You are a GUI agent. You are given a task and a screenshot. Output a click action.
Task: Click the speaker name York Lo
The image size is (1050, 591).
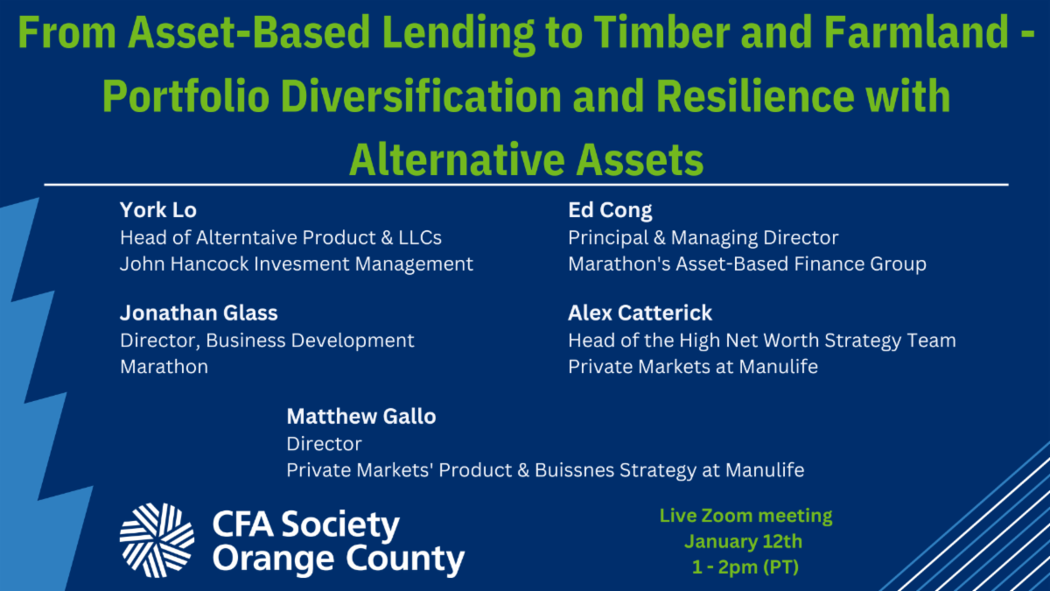[x=158, y=210]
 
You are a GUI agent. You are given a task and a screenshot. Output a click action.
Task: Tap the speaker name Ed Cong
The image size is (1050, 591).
[x=610, y=211]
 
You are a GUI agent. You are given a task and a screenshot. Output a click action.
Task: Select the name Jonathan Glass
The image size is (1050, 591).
[x=199, y=313]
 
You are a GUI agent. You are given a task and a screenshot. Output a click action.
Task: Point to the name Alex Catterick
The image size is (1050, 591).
[x=640, y=313]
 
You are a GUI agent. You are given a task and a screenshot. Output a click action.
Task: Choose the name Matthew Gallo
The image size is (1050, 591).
[x=360, y=416]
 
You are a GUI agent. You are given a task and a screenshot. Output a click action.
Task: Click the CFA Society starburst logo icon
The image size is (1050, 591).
[x=157, y=540]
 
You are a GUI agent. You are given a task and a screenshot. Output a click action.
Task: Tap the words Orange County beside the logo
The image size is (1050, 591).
[x=339, y=559]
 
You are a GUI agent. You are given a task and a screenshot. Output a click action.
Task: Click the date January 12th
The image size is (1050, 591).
[x=744, y=542]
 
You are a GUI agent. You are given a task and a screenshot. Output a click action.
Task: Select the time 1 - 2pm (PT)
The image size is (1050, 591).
[x=745, y=567]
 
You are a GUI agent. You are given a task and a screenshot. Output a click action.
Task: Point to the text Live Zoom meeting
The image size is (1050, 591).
[x=745, y=516]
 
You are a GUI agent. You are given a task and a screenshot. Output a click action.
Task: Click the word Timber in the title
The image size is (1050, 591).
[x=663, y=32]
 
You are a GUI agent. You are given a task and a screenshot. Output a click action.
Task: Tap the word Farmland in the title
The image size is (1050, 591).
[x=916, y=32]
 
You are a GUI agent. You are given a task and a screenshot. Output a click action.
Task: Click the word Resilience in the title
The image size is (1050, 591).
[x=754, y=96]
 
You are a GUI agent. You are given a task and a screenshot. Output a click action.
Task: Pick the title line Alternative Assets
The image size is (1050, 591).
[x=526, y=159]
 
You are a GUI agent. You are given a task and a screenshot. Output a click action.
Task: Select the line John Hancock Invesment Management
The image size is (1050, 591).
[x=297, y=264]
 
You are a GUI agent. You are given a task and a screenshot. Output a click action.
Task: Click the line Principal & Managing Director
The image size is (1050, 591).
[x=703, y=238]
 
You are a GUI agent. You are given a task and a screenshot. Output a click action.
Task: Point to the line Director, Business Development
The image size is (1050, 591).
[x=267, y=341]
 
